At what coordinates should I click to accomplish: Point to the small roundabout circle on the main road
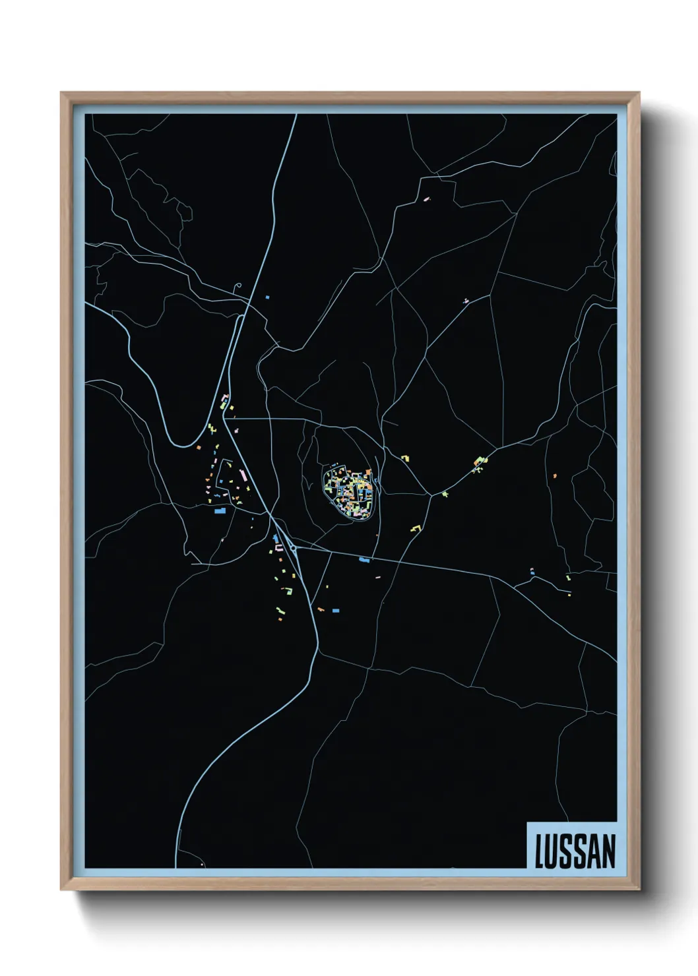pyautogui.click(x=292, y=547)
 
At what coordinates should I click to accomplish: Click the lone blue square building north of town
pyautogui.click(x=267, y=297)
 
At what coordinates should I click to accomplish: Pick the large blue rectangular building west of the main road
pyautogui.click(x=220, y=510)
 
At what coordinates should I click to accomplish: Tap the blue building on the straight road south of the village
pyautogui.click(x=364, y=560)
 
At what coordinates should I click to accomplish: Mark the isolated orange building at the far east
pyautogui.click(x=555, y=475)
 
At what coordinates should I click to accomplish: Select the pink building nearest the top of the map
pyautogui.click(x=426, y=197)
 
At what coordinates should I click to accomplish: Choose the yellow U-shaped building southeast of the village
pyautogui.click(x=416, y=528)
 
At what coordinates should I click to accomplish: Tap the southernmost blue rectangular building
pyautogui.click(x=336, y=611)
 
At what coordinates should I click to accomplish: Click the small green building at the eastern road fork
pyautogui.click(x=445, y=493)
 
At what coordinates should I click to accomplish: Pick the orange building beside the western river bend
pyautogui.click(x=198, y=447)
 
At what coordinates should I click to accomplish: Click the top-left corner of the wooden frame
pyautogui.click(x=61, y=93)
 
